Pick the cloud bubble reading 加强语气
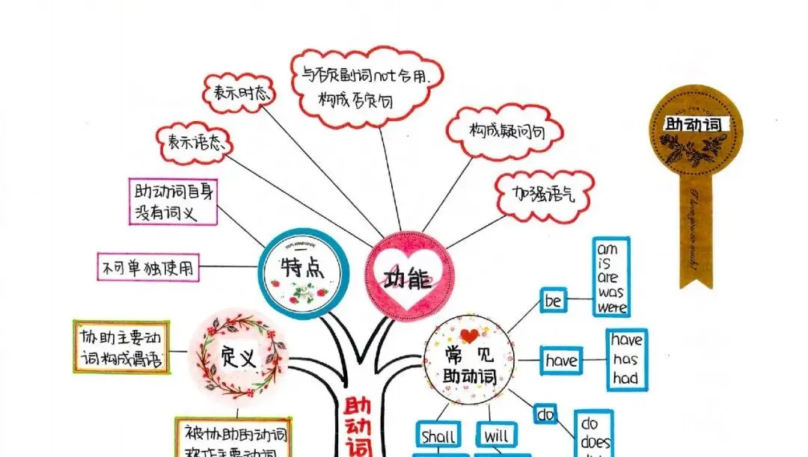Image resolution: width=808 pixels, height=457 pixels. click(x=544, y=196)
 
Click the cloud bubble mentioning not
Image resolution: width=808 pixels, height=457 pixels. click(x=366, y=85)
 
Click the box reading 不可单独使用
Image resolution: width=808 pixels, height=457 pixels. click(x=149, y=268)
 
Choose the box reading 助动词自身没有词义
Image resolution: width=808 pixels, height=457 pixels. click(x=171, y=201)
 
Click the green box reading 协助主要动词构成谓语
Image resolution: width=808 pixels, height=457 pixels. click(x=120, y=347)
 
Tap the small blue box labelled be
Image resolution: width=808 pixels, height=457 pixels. click(x=554, y=301)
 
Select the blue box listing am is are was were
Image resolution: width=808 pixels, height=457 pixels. click(x=610, y=277)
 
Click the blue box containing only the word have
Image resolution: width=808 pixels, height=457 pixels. click(x=561, y=361)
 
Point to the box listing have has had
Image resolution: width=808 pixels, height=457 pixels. click(x=625, y=359)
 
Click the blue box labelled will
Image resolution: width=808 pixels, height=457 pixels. click(x=495, y=435)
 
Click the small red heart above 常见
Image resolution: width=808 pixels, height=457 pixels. click(x=469, y=335)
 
